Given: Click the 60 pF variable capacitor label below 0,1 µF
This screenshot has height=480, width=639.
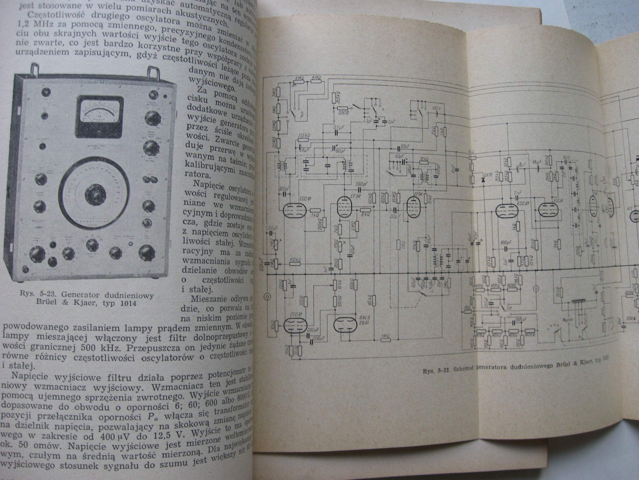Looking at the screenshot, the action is point(340,149).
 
